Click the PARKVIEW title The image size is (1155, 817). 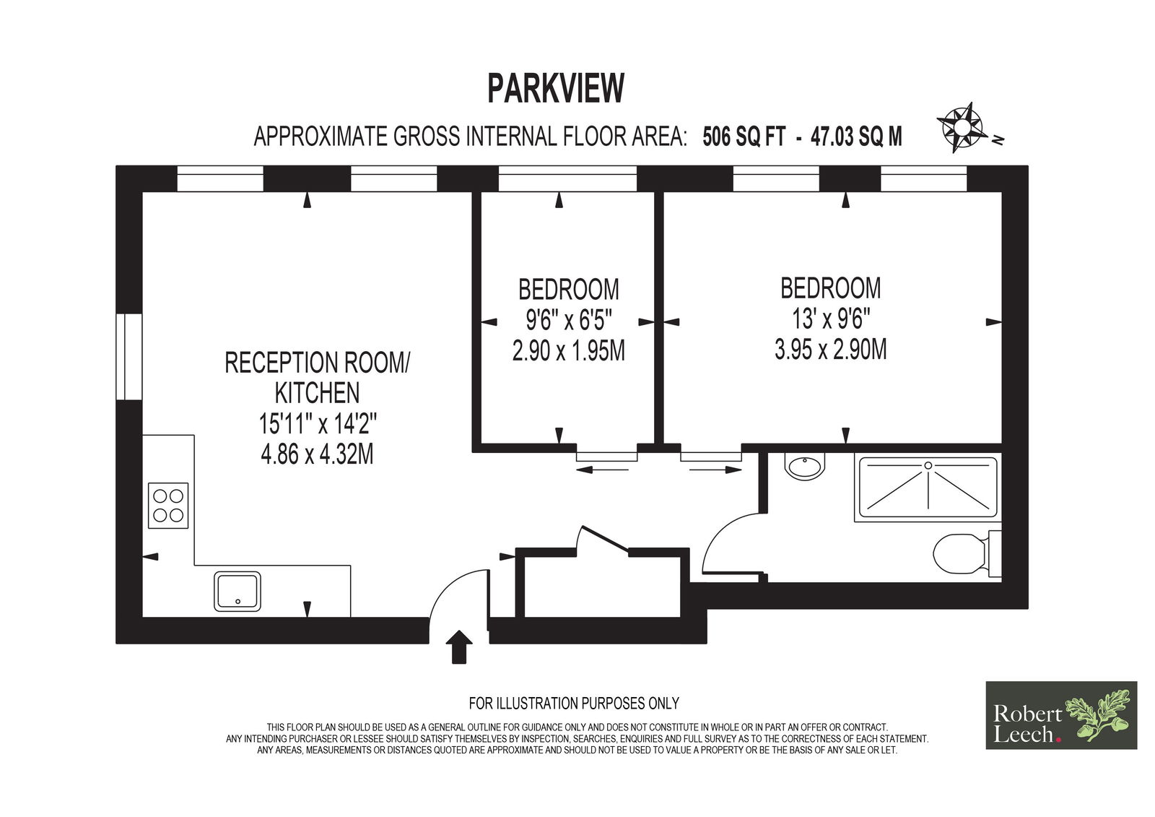click(556, 88)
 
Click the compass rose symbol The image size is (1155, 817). click(962, 127)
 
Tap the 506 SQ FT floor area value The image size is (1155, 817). click(744, 137)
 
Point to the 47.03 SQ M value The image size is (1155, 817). click(856, 137)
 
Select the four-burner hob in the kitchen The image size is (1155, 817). click(168, 505)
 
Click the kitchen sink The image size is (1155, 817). click(237, 592)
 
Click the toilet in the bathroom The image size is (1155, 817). click(967, 554)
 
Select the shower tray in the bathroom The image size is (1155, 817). click(928, 487)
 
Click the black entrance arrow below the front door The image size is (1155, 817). click(459, 647)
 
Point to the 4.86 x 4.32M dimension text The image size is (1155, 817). click(317, 454)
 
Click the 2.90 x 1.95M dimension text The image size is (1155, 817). click(569, 350)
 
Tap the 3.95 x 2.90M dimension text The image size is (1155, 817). click(831, 349)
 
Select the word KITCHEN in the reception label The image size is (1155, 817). click(317, 393)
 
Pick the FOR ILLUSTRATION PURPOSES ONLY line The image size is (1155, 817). click(574, 703)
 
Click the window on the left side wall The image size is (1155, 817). click(129, 357)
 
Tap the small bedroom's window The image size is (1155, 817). click(567, 178)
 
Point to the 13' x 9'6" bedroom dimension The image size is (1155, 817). click(831, 319)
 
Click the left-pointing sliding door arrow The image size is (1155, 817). click(602, 470)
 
